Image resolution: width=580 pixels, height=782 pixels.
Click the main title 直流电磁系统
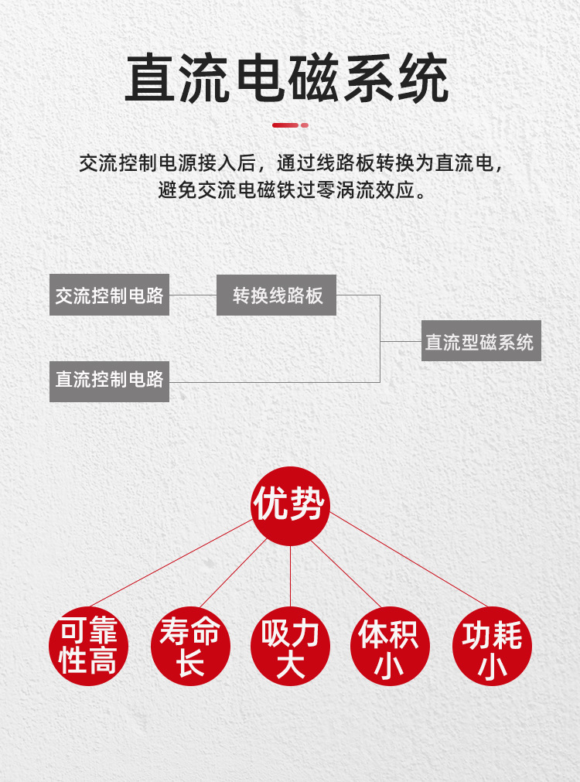pos(287,79)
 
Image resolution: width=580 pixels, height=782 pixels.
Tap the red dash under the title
pos(290,125)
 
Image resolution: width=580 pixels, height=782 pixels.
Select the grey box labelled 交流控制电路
pos(109,295)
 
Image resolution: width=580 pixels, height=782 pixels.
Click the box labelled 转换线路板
pos(276,295)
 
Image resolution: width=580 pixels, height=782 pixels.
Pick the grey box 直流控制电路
pos(109,381)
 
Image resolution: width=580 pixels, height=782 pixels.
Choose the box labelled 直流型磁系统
pos(481,340)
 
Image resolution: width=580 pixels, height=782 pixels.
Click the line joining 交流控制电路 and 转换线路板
pos(193,295)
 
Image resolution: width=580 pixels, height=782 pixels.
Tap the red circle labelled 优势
pos(290,506)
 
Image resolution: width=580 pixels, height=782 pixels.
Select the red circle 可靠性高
pos(88,646)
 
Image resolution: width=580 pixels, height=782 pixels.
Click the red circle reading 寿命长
pos(190,646)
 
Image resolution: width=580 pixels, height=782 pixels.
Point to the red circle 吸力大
pos(290,646)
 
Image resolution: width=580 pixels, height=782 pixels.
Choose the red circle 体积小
pos(390,646)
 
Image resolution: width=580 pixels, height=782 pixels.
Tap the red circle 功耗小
pos(493,646)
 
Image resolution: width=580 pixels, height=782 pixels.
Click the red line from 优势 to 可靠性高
pos(172,562)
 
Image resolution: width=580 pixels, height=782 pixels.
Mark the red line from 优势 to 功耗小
pos(408,559)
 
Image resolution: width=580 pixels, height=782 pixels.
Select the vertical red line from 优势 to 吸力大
pos(290,576)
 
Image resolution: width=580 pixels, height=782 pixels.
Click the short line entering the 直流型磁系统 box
pos(401,341)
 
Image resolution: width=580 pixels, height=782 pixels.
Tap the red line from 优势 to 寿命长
pos(234,573)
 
